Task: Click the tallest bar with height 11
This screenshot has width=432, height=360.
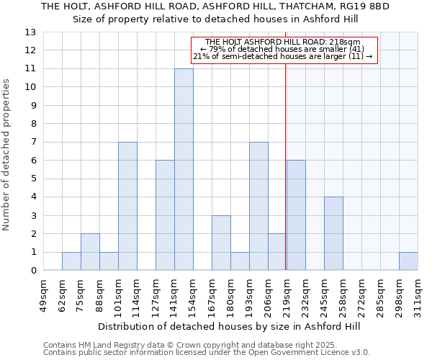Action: [184, 169]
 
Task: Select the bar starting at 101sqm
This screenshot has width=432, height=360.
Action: [127, 206]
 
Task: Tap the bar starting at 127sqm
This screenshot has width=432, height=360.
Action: [165, 215]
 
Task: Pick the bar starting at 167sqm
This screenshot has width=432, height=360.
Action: [221, 243]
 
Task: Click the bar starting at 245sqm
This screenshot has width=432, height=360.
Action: [333, 233]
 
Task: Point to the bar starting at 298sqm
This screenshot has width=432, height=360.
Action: [408, 261]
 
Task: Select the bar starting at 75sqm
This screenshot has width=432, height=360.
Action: [90, 252]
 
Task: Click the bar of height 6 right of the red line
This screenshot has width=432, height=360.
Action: [296, 215]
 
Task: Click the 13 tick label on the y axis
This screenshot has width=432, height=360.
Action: [30, 32]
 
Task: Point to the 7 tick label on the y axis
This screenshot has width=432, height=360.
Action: [33, 142]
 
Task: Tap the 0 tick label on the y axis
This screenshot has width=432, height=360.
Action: [33, 271]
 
